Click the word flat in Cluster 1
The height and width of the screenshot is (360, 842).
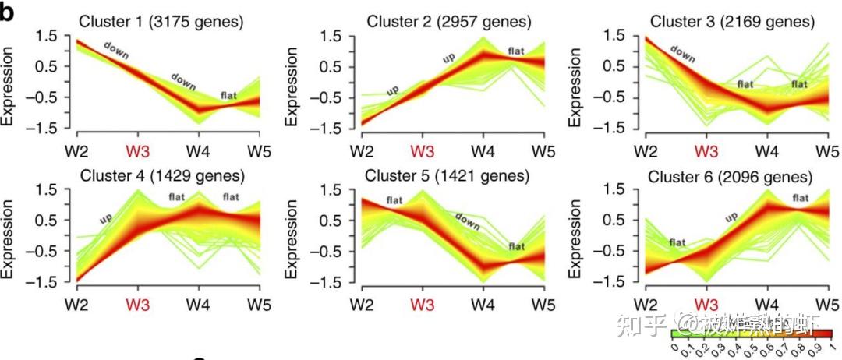pos(228,97)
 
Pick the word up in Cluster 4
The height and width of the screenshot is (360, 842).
pos(105,221)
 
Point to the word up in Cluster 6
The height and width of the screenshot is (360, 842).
pos(732,217)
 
